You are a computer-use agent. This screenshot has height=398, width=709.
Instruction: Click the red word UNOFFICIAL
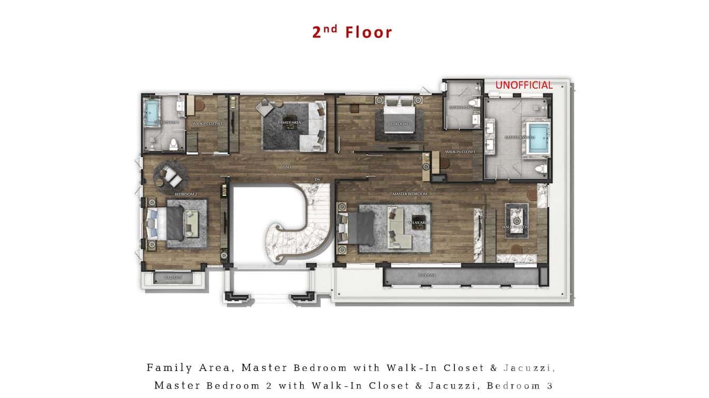524,85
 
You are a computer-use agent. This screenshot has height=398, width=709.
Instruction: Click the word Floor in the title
369,32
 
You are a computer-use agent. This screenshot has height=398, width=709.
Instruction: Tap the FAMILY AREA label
289,122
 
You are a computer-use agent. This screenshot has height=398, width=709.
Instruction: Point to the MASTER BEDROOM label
409,194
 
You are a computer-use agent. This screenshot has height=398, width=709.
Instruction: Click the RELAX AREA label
417,223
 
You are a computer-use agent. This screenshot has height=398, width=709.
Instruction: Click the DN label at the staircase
318,178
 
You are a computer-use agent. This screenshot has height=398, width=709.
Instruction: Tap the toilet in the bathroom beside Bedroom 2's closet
173,144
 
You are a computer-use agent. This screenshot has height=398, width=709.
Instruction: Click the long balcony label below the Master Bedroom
427,275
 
